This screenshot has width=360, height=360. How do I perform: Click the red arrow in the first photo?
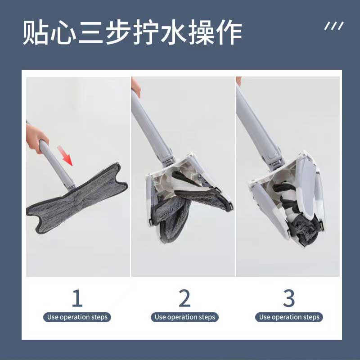point(65,155)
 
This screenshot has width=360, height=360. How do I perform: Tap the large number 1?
point(77,298)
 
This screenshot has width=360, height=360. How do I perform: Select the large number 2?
point(184,298)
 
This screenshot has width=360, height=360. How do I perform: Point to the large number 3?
point(289,298)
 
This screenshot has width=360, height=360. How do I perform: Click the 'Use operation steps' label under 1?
point(77,317)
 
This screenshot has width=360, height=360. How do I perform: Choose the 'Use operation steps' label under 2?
point(184,317)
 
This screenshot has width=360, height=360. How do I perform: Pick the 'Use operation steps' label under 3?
point(289,317)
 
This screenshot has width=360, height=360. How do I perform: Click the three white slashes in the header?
point(334,26)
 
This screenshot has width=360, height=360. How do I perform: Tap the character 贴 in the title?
point(35,32)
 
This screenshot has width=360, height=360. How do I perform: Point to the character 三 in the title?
point(90,32)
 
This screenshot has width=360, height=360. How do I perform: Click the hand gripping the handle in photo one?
point(36,139)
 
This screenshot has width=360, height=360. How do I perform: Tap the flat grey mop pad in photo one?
point(77,198)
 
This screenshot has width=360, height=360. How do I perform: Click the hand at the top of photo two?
point(135,87)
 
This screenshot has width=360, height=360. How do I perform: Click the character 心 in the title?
point(63,32)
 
